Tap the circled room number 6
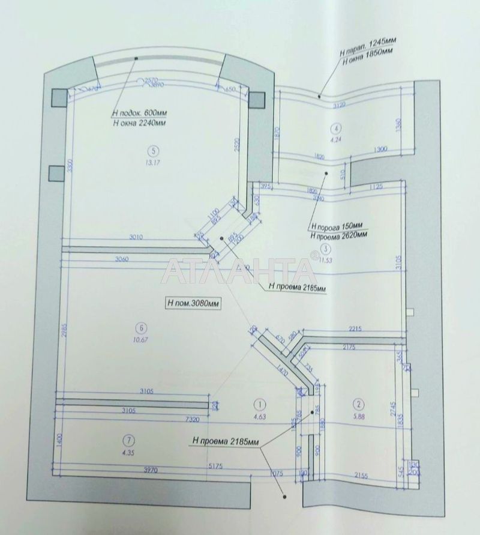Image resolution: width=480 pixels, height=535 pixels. [140, 328]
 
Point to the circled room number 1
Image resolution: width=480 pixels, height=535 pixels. [259, 404]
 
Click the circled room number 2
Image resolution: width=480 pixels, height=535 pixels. [358, 404]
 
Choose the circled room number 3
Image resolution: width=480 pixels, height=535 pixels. [325, 249]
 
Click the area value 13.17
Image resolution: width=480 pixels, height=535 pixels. [154, 162]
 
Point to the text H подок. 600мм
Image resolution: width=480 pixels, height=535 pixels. [139, 112]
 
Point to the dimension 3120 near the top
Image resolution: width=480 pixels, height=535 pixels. [341, 105]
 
